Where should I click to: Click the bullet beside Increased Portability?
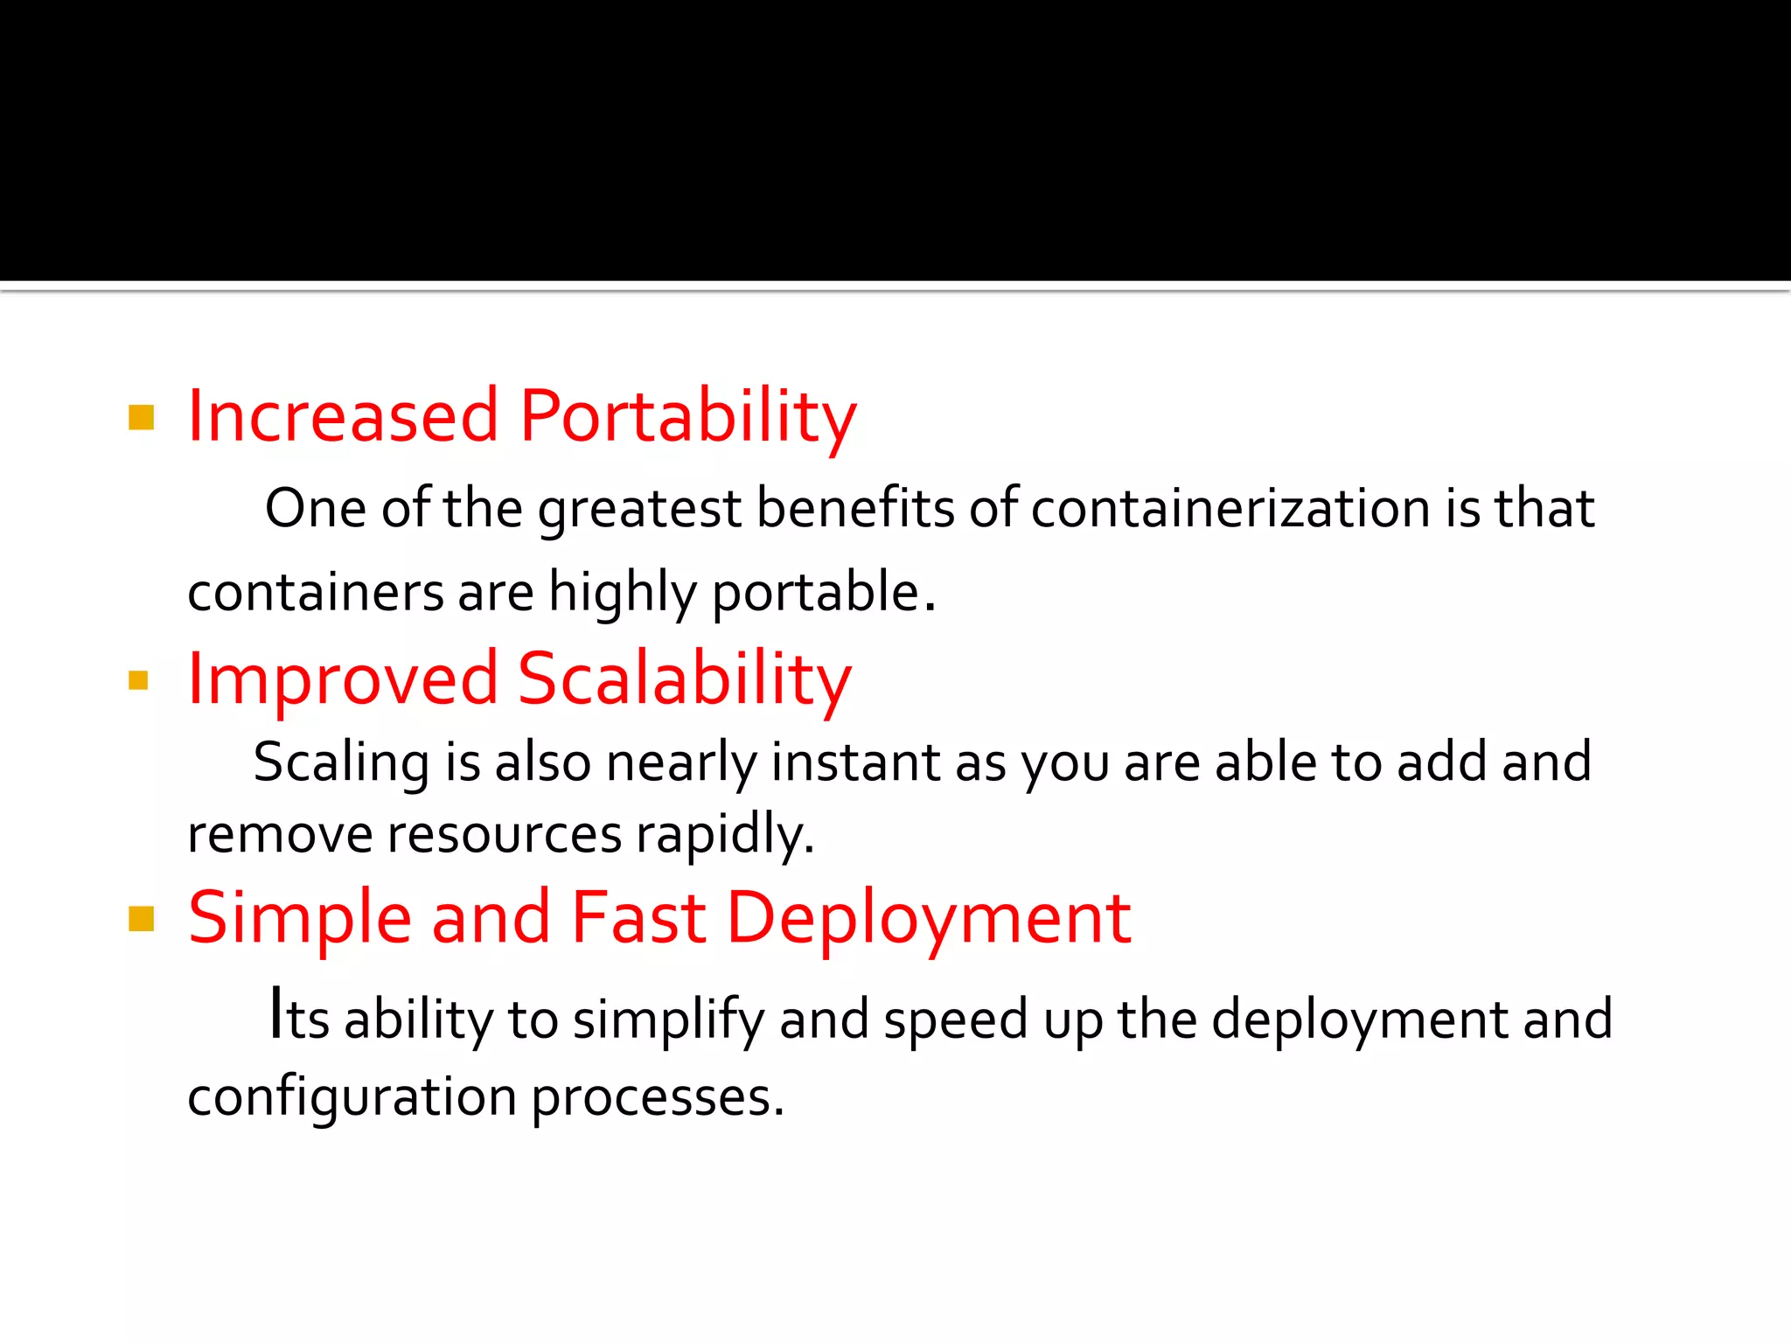(141, 418)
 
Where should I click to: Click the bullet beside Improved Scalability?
(138, 680)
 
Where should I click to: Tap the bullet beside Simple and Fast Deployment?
(141, 919)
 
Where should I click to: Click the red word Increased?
(343, 416)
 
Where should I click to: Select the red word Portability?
(687, 416)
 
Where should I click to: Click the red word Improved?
(343, 679)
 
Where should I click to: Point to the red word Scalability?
(684, 679)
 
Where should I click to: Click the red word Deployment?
(929, 918)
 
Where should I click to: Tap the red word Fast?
(638, 918)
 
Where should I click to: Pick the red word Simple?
(300, 918)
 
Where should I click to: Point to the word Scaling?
(341, 762)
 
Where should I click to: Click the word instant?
(854, 762)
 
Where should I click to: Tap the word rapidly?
(724, 834)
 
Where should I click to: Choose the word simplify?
(668, 1020)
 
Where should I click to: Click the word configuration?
(352, 1097)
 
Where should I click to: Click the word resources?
(504, 834)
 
